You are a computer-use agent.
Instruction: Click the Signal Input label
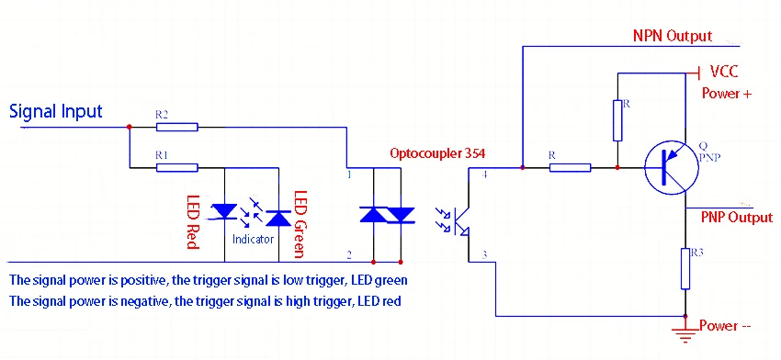[55, 111]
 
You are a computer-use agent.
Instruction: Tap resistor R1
[175, 167]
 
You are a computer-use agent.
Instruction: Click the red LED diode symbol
[224, 212]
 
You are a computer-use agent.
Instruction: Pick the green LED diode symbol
[277, 216]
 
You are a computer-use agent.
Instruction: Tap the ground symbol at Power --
[685, 333]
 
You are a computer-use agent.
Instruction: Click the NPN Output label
[673, 36]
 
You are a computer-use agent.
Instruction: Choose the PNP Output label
[737, 218]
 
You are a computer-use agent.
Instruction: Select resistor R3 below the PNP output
[685, 266]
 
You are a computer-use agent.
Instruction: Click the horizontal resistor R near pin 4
[570, 167]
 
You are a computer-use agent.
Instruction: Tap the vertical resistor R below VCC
[617, 120]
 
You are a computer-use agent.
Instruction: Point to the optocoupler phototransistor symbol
[462, 219]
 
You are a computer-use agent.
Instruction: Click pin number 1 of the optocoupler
[349, 174]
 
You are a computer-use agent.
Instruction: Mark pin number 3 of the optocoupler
[484, 256]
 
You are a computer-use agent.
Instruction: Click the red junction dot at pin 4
[522, 168]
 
